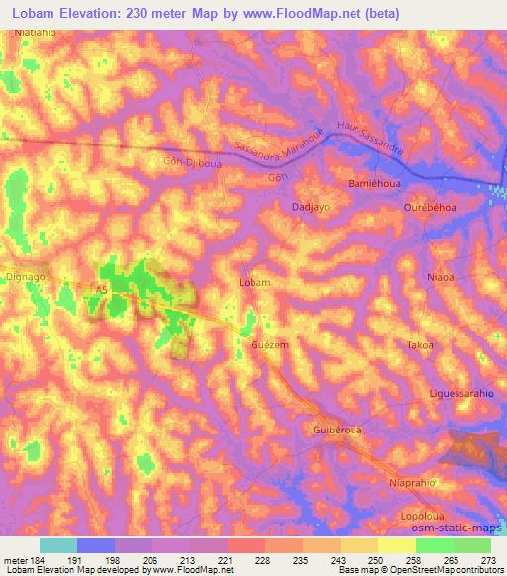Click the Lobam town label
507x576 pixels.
(255, 283)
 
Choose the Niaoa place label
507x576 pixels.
(440, 278)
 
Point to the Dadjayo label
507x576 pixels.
(310, 207)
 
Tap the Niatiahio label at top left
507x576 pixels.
(34, 34)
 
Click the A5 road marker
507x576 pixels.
(102, 289)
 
